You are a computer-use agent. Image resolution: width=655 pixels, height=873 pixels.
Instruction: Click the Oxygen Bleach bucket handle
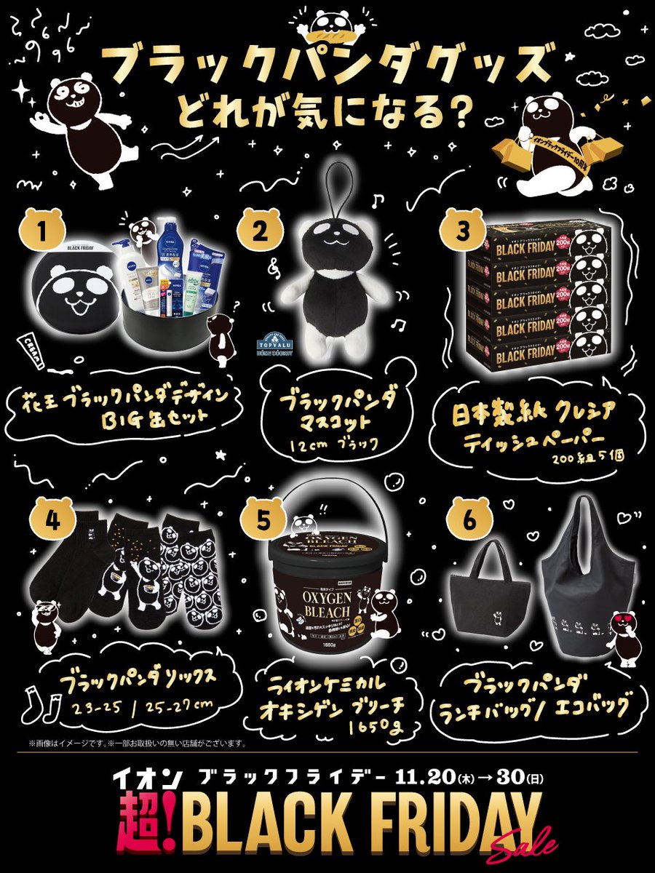click(334, 495)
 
